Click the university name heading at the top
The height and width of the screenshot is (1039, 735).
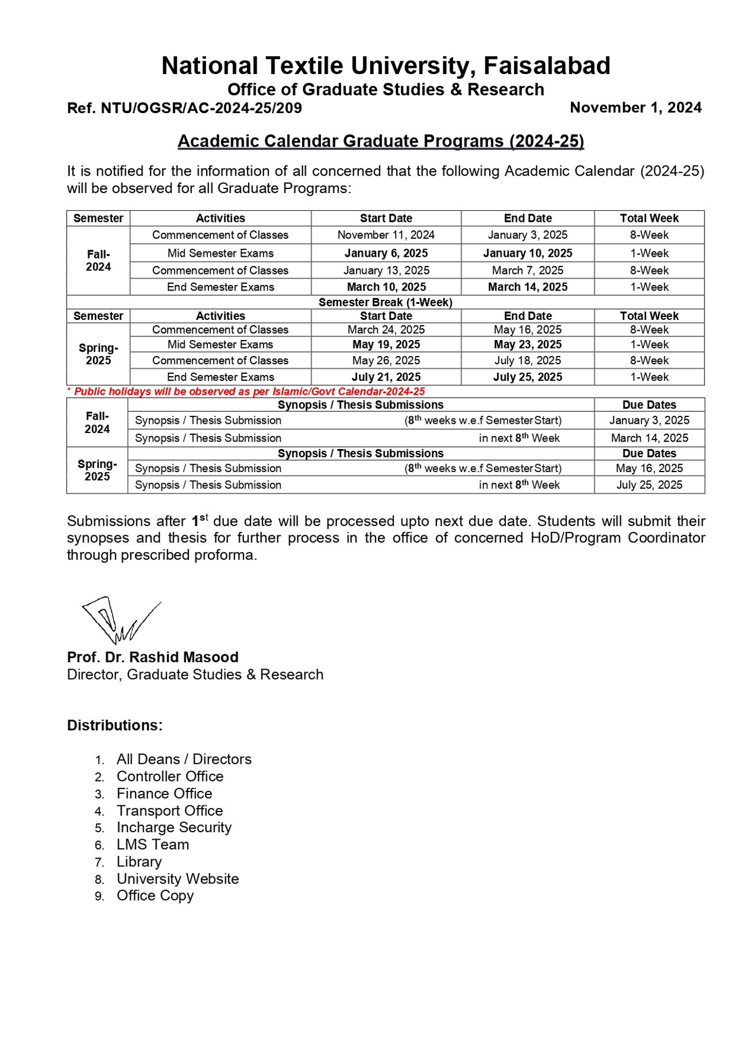[385, 66]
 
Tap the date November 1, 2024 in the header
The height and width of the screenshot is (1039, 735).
[635, 108]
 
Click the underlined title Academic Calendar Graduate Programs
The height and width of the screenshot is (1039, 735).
[380, 141]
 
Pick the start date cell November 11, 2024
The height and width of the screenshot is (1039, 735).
[386, 235]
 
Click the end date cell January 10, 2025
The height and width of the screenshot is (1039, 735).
[527, 253]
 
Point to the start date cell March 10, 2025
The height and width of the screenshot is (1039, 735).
[386, 287]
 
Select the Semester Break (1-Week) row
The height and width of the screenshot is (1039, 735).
[385, 302]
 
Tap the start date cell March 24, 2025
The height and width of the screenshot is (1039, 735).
[386, 330]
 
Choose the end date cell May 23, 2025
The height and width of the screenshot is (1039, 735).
[527, 345]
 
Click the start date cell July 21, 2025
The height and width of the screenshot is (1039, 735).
[386, 377]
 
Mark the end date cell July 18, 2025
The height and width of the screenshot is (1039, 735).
[527, 361]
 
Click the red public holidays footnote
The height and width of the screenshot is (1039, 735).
[246, 392]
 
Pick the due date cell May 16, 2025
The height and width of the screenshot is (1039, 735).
[649, 469]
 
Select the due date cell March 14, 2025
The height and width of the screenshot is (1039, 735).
[649, 438]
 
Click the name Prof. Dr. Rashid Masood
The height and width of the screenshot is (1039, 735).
[153, 658]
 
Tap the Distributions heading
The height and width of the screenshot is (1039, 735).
[115, 726]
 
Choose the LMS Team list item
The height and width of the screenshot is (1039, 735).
[153, 845]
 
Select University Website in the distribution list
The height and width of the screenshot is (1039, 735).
[177, 879]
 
